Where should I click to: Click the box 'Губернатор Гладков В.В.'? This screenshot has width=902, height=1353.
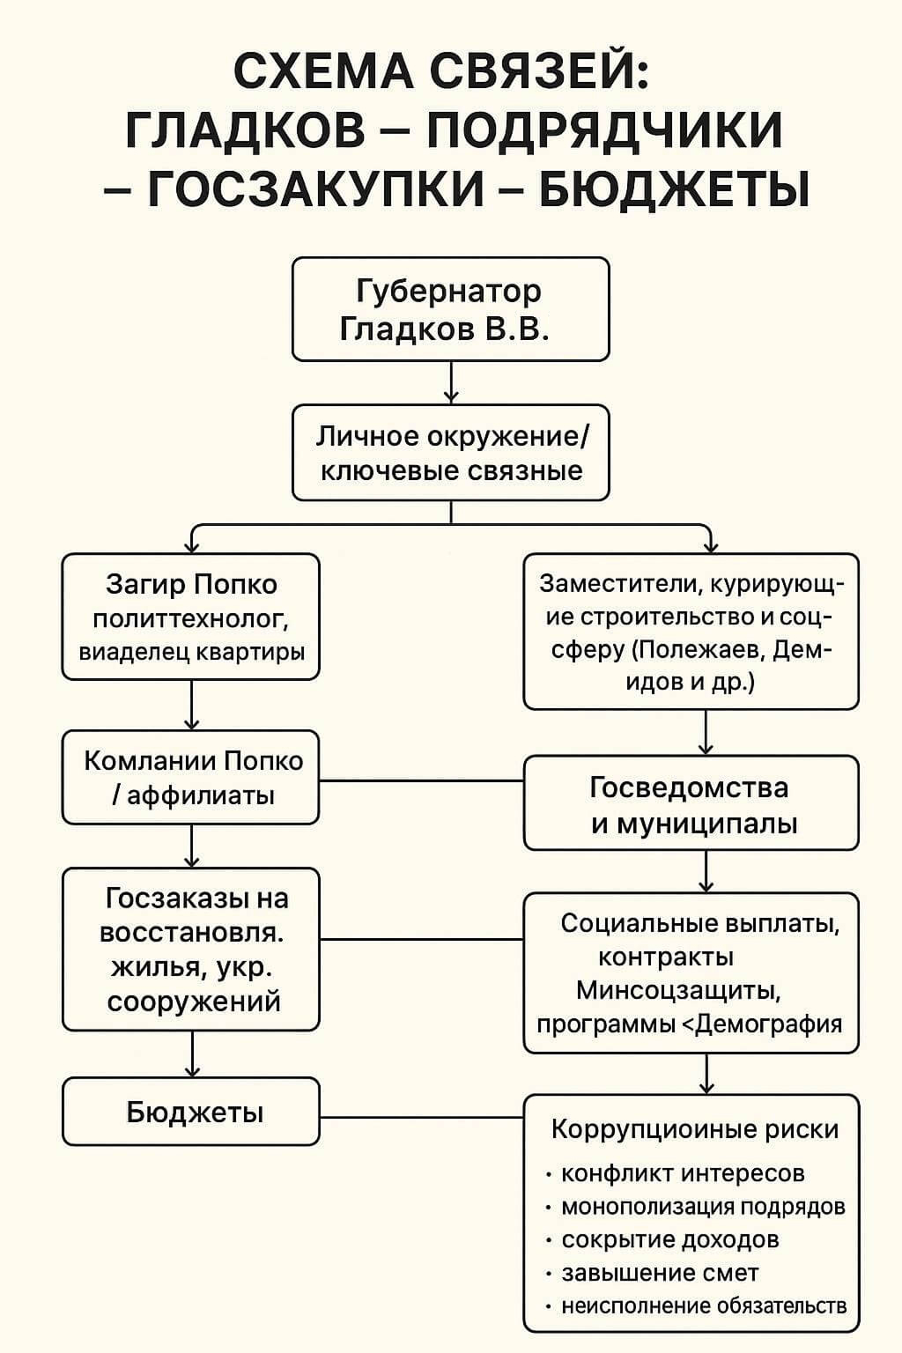tap(450, 308)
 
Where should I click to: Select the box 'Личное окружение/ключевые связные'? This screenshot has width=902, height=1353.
tap(450, 453)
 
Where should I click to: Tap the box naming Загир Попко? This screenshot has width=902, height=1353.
tap(191, 617)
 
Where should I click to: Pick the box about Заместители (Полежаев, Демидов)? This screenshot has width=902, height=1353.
tap(691, 632)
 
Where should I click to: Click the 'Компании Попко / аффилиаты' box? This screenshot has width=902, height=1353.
tap(191, 777)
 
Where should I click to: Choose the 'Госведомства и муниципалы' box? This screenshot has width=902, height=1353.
tap(691, 803)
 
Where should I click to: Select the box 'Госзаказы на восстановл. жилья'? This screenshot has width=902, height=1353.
tap(191, 950)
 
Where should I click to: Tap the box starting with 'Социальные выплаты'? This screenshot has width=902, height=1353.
tap(691, 973)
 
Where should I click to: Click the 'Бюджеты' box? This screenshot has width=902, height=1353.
tap(191, 1113)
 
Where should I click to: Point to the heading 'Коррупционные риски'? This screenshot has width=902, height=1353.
tap(694, 1129)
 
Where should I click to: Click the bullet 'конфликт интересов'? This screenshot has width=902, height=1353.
tap(683, 1173)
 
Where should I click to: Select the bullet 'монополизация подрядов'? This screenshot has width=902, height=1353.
tap(702, 1207)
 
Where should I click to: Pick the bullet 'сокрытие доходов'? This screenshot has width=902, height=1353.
tap(669, 1239)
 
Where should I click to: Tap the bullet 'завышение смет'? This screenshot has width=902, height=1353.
tap(660, 1273)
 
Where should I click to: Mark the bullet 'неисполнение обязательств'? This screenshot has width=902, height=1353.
tap(704, 1305)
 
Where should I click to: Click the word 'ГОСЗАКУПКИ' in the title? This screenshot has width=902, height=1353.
tap(315, 188)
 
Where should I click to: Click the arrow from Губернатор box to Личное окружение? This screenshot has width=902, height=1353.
tap(451, 382)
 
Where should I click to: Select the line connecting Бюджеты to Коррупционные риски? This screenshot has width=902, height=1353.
tap(421, 1118)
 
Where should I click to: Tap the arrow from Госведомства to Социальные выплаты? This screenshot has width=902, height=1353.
tap(706, 871)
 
